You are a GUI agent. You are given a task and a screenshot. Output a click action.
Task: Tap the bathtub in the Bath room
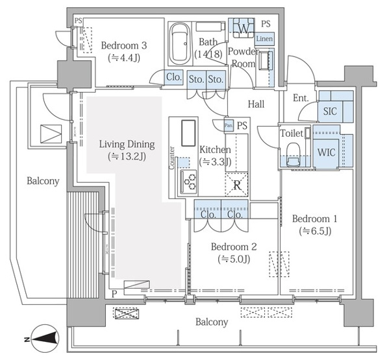pos(180,43)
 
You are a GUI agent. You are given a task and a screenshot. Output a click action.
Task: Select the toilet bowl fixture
pos(293,154)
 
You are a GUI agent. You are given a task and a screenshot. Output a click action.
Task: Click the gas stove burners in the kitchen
pos(189,182)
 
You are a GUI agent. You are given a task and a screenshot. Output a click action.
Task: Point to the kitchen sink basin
pos(188,133)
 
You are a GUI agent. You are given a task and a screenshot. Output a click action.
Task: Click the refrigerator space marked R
pos(237,185)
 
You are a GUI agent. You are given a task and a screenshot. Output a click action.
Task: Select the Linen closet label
pos(264,39)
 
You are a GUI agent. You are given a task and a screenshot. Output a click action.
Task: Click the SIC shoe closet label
pos(330,111)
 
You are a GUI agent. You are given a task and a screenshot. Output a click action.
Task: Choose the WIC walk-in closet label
pos(326,152)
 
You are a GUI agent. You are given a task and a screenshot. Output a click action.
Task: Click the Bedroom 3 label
pos(124,45)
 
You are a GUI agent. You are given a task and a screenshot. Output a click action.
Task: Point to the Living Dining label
pos(127,144)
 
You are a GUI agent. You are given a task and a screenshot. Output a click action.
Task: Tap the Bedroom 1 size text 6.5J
pos(315,231)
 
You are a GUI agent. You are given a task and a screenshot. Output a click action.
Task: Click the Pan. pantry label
pos(229,125)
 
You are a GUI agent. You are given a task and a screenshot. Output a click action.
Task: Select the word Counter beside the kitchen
pos(172,158)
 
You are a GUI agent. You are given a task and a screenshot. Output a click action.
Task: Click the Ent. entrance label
pos(301,98)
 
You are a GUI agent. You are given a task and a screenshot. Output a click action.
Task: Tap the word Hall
pos(256,104)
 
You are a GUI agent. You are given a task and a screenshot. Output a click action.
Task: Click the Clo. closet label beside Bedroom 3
pos(174,77)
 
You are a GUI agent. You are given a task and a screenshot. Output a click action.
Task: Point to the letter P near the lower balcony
pos(114,294)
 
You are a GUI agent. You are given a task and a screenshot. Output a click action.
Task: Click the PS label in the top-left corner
pos(78,21)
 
